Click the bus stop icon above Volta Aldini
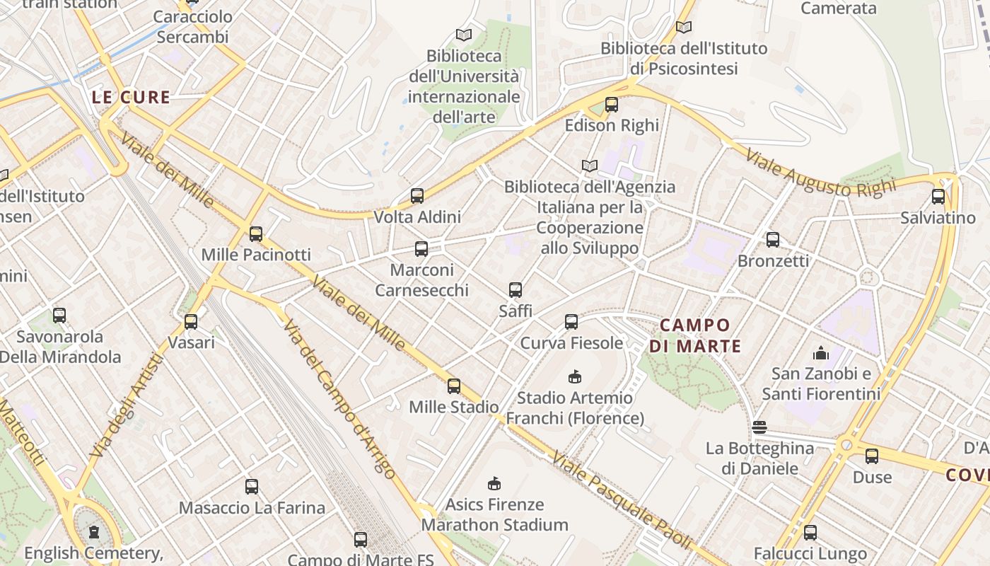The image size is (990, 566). [x=417, y=196]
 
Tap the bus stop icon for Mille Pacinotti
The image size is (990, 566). [x=256, y=233]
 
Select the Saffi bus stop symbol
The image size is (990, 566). [x=516, y=289]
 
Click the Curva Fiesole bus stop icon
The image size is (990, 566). [x=571, y=322]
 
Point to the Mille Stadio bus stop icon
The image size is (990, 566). [x=454, y=386]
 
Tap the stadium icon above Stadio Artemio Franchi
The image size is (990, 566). [x=575, y=376]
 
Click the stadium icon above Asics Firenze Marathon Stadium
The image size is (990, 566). [x=494, y=484]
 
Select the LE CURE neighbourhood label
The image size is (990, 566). [x=132, y=98]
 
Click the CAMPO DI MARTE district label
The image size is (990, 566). [x=695, y=335]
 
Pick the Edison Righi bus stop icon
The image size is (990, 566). [x=612, y=105]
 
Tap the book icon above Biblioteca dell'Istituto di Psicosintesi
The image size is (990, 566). [x=684, y=28]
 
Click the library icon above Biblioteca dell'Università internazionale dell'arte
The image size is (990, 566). [x=464, y=35]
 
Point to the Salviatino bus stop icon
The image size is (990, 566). [x=938, y=197]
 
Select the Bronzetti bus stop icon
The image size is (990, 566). [x=773, y=240]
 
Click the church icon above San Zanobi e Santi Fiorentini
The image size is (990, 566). [x=821, y=352]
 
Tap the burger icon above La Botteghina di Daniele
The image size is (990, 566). [x=759, y=427]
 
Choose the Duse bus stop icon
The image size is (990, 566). [x=872, y=456]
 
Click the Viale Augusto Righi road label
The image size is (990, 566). [x=820, y=174]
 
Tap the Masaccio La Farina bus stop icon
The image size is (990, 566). [x=252, y=487]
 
